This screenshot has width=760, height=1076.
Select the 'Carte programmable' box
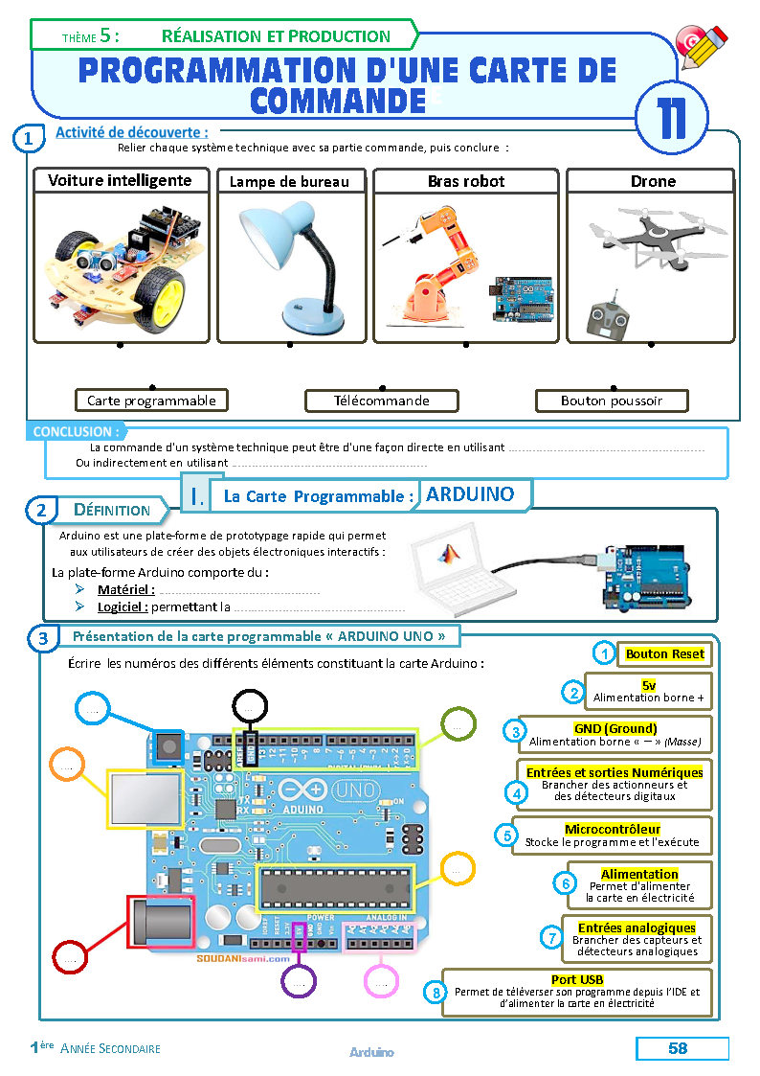click(151, 401)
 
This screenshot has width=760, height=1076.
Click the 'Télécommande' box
click(381, 401)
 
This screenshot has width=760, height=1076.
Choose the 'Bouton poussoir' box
click(612, 401)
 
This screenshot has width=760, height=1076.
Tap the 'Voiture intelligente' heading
click(120, 180)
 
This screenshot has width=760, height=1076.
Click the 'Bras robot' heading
click(465, 181)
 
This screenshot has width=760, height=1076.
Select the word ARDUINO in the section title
click(470, 494)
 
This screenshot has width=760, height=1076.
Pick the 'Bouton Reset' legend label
click(664, 654)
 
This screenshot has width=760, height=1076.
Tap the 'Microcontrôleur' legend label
click(613, 829)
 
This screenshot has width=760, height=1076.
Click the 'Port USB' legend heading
click(577, 978)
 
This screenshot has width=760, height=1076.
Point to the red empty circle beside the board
click(69, 957)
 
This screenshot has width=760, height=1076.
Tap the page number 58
click(678, 1048)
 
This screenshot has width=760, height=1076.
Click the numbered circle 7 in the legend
click(550, 938)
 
